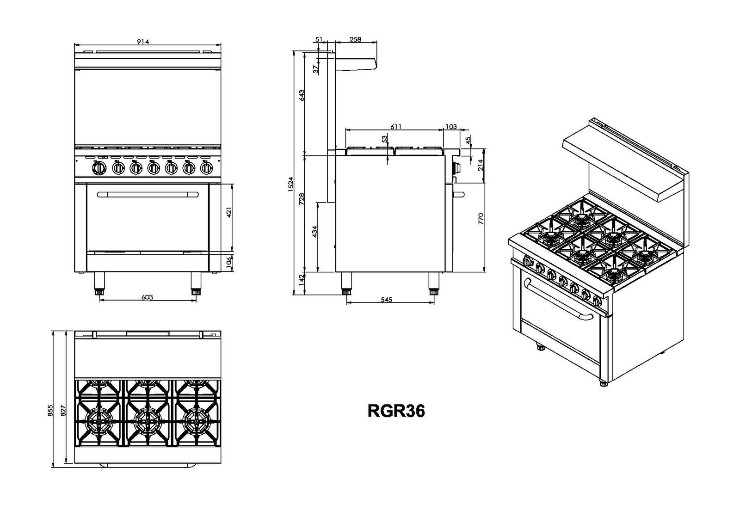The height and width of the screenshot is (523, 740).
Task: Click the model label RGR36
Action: click(x=396, y=411)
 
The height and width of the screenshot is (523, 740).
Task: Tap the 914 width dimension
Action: click(x=143, y=42)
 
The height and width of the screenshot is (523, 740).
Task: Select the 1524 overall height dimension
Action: click(x=290, y=184)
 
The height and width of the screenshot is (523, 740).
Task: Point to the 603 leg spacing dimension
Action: click(x=148, y=297)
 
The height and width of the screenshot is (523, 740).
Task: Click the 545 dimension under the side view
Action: click(x=387, y=300)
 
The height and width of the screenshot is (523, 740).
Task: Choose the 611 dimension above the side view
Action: click(x=396, y=127)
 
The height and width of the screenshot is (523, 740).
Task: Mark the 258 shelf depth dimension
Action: click(x=355, y=39)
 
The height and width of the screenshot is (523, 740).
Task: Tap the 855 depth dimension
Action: click(x=50, y=411)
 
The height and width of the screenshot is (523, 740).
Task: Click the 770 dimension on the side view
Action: click(x=481, y=219)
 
